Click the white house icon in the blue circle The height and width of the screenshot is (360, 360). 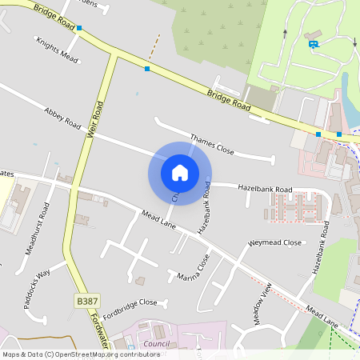(180, 172)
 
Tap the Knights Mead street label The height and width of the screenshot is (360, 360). (55, 49)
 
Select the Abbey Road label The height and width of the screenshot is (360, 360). (63, 119)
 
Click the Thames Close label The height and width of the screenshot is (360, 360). (212, 143)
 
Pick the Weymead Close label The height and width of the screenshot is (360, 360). (275, 242)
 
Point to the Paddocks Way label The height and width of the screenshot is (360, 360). (37, 277)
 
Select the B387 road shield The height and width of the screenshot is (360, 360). (87, 301)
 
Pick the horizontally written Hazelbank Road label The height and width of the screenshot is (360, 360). (265, 189)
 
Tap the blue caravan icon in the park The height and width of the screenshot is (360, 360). (313, 44)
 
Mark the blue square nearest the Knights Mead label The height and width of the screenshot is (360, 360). (79, 28)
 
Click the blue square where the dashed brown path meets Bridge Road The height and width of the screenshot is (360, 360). (147, 69)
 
